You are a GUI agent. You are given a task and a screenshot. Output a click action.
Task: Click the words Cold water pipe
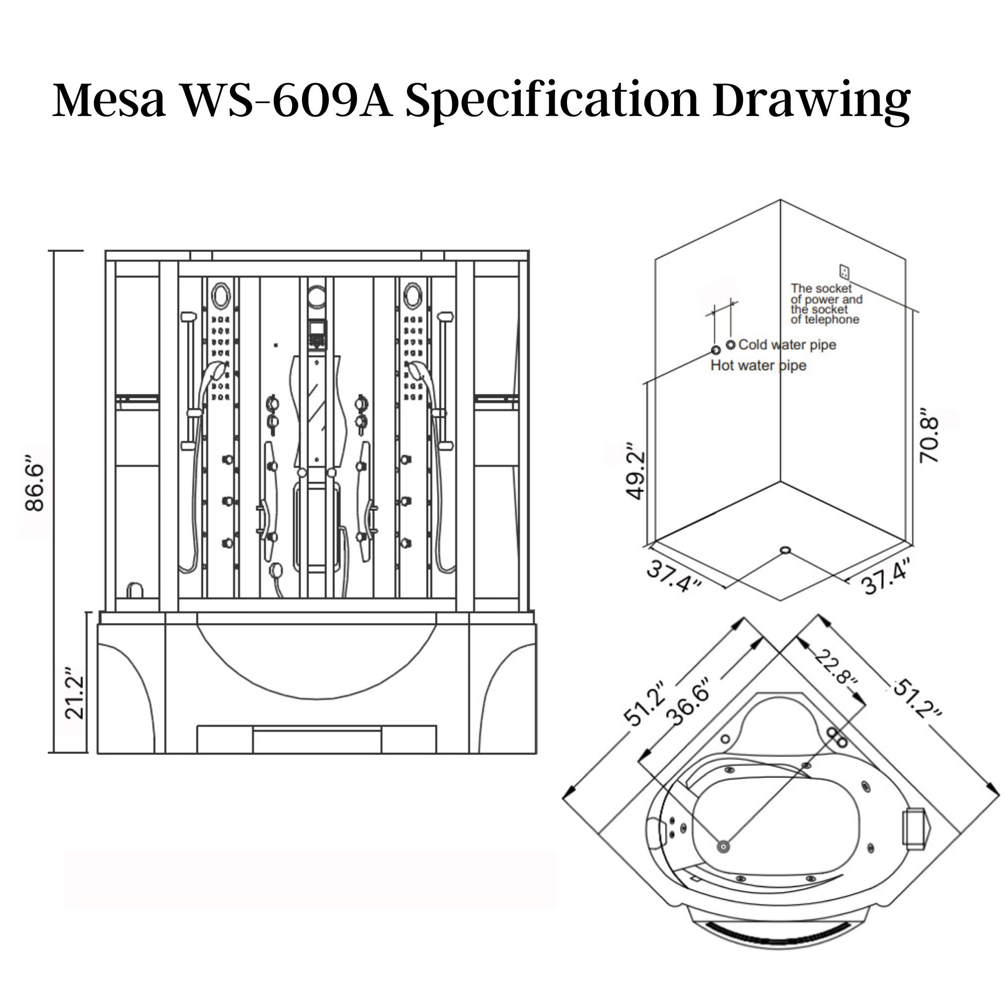(787, 345)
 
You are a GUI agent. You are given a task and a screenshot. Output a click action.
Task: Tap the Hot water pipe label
(758, 365)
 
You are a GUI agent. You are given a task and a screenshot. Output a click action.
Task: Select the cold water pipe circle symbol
(731, 345)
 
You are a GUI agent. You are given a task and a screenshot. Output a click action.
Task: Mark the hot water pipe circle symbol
(716, 350)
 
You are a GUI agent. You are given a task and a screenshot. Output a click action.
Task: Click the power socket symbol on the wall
(844, 271)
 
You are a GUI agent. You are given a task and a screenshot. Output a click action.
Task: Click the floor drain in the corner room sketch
(785, 550)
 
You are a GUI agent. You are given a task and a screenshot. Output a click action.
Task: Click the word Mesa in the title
(109, 99)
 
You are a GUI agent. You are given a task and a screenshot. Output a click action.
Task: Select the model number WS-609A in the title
(285, 99)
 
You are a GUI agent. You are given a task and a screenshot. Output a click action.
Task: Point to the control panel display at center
(316, 328)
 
